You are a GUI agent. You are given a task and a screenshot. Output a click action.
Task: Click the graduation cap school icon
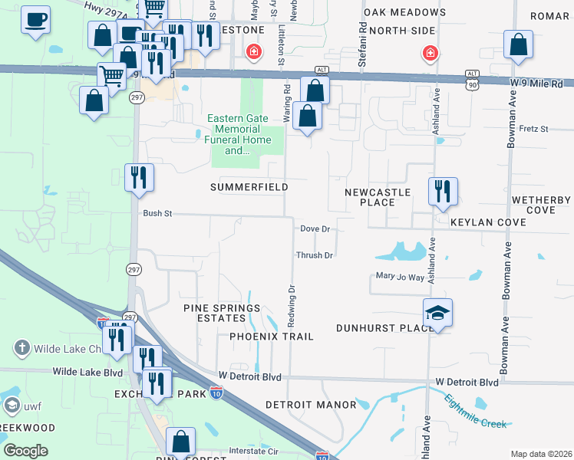[x=437, y=313]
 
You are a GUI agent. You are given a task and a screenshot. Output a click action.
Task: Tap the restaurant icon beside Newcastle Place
[x=442, y=191]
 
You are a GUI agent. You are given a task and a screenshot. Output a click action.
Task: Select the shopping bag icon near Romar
[x=519, y=45]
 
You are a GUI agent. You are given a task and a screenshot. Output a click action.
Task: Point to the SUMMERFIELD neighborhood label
[x=249, y=187]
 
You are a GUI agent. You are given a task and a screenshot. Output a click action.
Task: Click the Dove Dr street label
[x=315, y=228]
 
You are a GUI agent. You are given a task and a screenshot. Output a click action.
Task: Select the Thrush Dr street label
[x=315, y=255]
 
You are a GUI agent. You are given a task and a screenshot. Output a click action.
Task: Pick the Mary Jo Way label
[x=400, y=277]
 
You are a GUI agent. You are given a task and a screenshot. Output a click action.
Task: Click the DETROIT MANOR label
[x=311, y=404]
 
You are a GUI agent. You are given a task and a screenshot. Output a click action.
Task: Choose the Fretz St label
[x=533, y=129]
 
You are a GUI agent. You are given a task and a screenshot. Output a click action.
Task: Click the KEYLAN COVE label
[x=488, y=222]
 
